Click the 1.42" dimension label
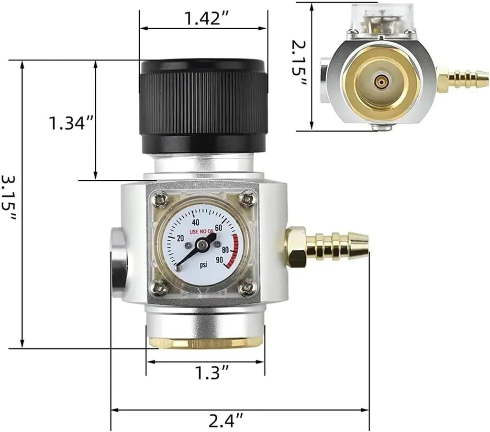coord(203,19)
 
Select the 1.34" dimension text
coord(70,124)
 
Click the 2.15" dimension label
coord(300,65)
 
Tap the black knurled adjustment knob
coord(203,105)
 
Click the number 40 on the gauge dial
coord(195,222)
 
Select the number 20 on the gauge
coord(181,238)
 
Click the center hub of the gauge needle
coord(202,245)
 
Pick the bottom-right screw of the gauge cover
coord(247,288)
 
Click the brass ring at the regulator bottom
coord(206,342)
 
